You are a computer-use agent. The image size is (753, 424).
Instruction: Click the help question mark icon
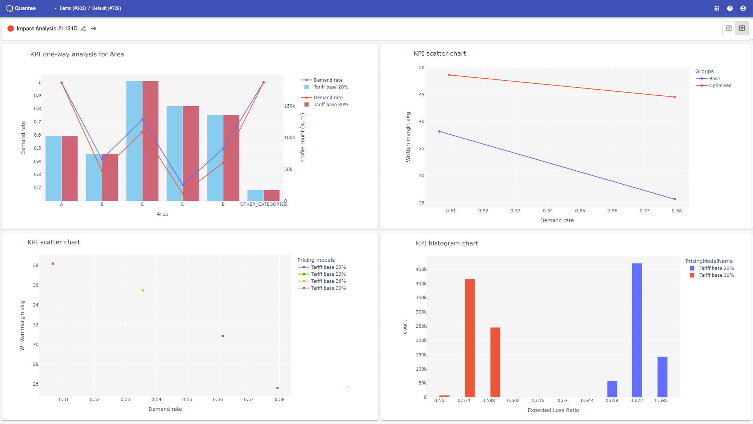(x=730, y=8)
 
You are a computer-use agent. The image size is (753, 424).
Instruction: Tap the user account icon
(x=743, y=8)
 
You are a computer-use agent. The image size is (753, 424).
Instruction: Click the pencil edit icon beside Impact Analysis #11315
(x=84, y=29)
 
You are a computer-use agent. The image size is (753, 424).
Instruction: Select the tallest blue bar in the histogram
(x=637, y=330)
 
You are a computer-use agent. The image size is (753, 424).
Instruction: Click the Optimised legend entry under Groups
(x=719, y=85)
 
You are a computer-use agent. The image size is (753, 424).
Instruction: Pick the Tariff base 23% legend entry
(x=328, y=274)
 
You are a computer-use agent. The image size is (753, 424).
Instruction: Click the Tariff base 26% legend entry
(x=328, y=281)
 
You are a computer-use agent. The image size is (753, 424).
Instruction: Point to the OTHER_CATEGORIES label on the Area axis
(x=263, y=204)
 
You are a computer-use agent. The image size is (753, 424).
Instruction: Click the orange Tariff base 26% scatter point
(x=143, y=290)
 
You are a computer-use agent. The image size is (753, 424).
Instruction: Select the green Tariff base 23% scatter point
(x=223, y=336)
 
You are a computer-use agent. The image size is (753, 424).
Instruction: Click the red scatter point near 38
(x=53, y=264)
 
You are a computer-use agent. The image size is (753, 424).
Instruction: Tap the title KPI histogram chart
(x=447, y=243)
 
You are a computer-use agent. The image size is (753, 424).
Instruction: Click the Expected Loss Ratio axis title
(x=553, y=410)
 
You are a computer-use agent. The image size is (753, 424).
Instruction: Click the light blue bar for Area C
(x=134, y=141)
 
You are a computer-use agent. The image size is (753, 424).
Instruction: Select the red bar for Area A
(x=70, y=168)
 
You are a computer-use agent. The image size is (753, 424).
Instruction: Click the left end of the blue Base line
(x=439, y=131)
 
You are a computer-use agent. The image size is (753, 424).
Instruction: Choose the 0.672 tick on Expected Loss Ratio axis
(x=636, y=401)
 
